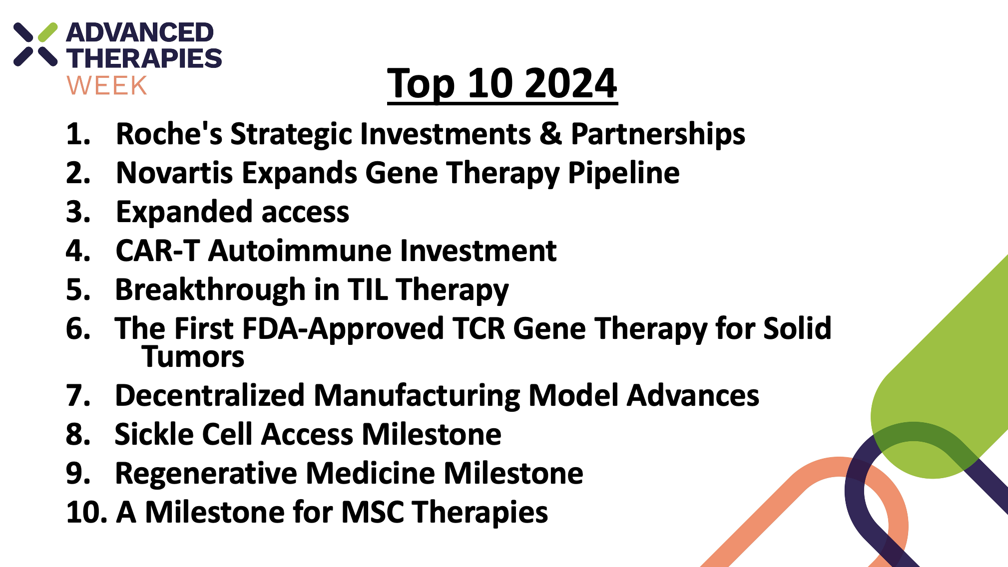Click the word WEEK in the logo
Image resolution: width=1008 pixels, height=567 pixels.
tap(107, 86)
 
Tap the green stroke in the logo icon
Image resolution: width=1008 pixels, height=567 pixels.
tap(47, 32)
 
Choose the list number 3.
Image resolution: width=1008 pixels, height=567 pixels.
tap(78, 212)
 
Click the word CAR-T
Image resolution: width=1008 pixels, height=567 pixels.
tap(158, 251)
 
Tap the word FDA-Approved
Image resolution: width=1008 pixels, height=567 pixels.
tap(343, 330)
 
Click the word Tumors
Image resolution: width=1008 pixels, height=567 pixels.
tap(193, 357)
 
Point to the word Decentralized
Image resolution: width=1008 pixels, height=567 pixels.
tap(210, 395)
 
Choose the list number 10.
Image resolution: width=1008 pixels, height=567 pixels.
tap(86, 512)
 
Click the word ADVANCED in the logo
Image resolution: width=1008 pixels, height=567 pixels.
tap(140, 33)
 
